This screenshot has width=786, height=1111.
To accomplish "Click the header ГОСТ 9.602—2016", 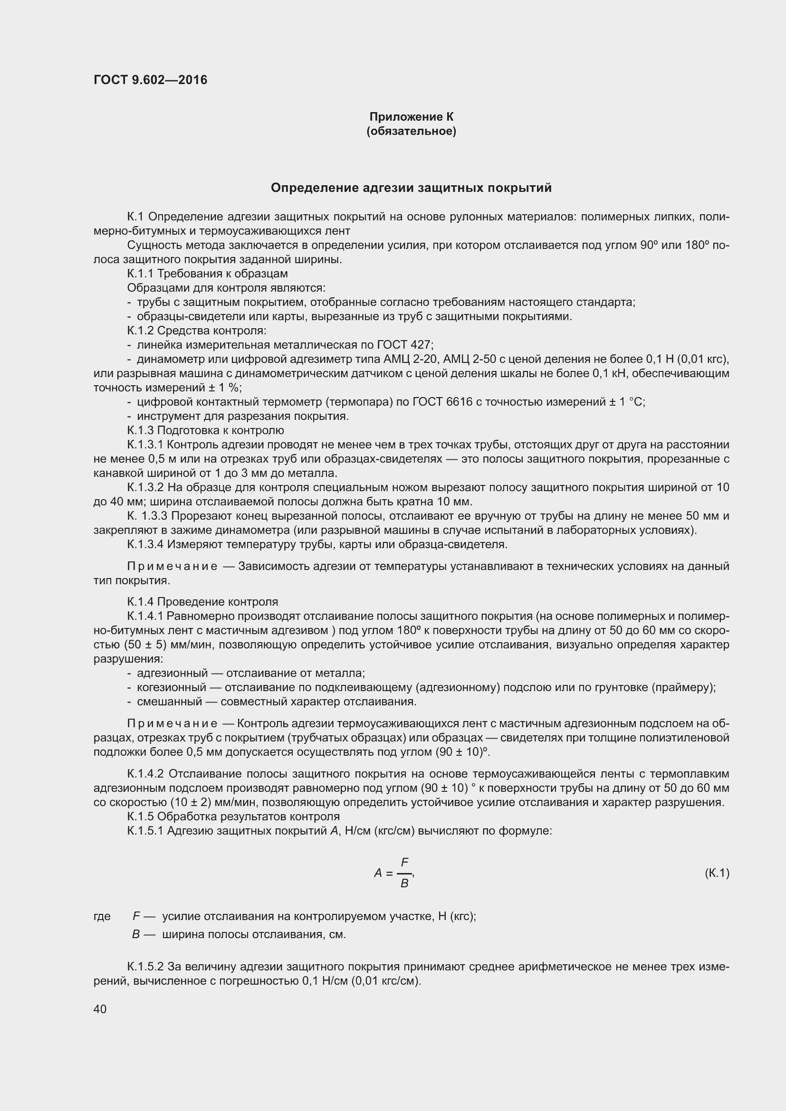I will coord(150,80).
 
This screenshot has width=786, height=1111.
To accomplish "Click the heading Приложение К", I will coord(412,117).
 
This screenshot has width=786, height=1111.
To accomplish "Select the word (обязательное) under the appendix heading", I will coord(412,131).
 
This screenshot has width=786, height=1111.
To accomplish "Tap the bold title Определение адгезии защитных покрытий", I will coord(411,188).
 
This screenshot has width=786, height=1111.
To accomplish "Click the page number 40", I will coord(100,1009).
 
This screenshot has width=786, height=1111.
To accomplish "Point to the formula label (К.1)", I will coord(717,873).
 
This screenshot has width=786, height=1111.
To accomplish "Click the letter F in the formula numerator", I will coord(404,862).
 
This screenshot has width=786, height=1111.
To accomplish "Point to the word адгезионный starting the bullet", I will coord(173,673).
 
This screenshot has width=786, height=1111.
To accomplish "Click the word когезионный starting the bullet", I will coord(172,687).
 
